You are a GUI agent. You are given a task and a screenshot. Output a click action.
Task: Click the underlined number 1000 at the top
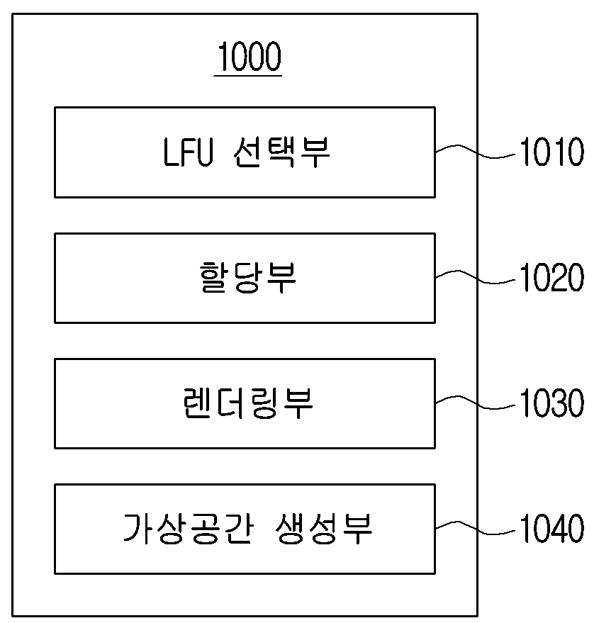(250, 56)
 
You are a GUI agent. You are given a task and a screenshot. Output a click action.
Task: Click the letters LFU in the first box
(188, 152)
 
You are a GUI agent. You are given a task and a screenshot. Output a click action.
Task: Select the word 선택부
(281, 152)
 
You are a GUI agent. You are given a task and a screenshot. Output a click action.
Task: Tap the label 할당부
(248, 277)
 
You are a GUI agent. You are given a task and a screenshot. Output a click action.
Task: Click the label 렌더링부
(248, 403)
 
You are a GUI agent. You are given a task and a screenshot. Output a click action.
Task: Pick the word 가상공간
(188, 529)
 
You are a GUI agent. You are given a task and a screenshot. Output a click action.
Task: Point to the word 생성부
(323, 529)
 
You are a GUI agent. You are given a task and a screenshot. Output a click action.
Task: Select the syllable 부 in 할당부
(281, 277)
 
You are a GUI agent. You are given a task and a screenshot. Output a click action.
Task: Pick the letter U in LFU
(204, 152)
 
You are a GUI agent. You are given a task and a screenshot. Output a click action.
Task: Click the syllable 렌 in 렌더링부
(198, 403)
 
